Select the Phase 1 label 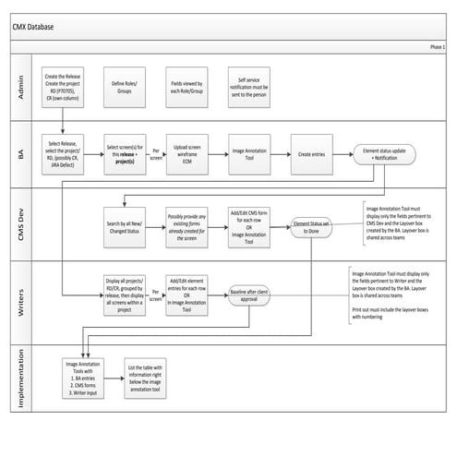pos(437,46)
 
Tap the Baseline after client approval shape pos(254,296)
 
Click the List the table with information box pos(188,377)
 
